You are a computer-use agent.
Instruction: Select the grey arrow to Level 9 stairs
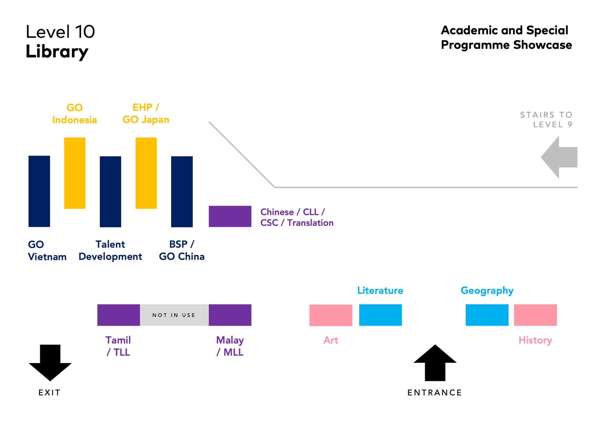tap(559, 157)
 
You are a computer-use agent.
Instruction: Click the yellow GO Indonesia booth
tap(75, 173)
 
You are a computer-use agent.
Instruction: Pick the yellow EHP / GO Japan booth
tap(146, 173)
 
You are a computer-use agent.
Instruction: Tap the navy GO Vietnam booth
tap(39, 191)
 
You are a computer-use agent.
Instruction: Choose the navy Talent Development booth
tap(110, 191)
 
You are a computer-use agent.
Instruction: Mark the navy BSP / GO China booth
tap(182, 191)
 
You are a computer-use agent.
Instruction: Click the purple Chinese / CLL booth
tap(230, 216)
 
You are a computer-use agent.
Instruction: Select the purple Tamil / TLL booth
tap(119, 315)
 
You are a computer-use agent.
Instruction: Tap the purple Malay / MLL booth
tap(230, 315)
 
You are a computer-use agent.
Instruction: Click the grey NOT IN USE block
tap(174, 315)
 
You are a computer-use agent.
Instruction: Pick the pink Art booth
tap(331, 315)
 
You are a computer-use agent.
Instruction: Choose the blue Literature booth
tap(380, 315)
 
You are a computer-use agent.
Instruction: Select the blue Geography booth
tap(487, 315)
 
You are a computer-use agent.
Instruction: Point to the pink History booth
tap(535, 315)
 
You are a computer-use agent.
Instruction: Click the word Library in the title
tap(57, 52)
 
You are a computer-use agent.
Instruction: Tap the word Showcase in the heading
tap(543, 45)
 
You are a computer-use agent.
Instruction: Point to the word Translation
tap(310, 223)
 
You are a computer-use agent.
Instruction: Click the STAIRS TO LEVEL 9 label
tap(546, 120)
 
